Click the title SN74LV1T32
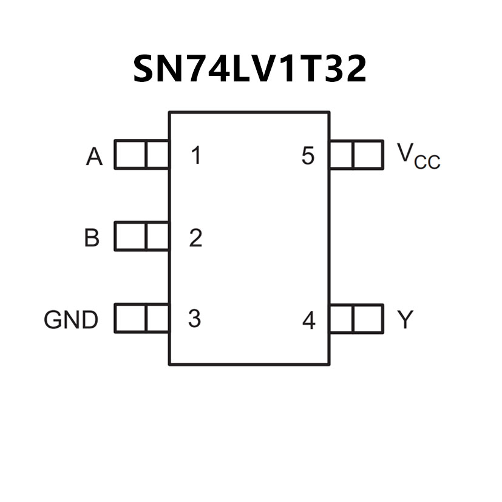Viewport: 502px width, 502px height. coord(249,69)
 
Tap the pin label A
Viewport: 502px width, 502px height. coord(94,157)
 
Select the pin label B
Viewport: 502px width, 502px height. coord(92,238)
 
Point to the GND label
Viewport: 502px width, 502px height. coord(71,319)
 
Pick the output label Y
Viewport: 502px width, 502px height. coord(405,319)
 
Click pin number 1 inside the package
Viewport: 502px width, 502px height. coord(195,156)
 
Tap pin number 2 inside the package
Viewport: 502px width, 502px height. coord(195,238)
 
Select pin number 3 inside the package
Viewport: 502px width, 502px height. coord(194,319)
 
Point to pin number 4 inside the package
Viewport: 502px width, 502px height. coord(309,321)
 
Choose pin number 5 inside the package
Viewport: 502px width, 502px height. coord(308,156)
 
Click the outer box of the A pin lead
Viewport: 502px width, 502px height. coord(130,154)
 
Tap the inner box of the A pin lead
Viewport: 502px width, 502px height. coord(157,154)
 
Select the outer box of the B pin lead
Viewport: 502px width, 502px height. coord(130,236)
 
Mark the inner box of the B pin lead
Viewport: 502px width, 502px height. coord(157,236)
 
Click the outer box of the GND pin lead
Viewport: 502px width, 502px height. coord(130,319)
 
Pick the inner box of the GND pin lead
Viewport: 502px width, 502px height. coord(157,319)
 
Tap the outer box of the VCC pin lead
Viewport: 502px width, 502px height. coord(368,154)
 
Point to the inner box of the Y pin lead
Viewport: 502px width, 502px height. coord(341,319)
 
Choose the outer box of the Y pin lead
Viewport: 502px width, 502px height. coord(368,319)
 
